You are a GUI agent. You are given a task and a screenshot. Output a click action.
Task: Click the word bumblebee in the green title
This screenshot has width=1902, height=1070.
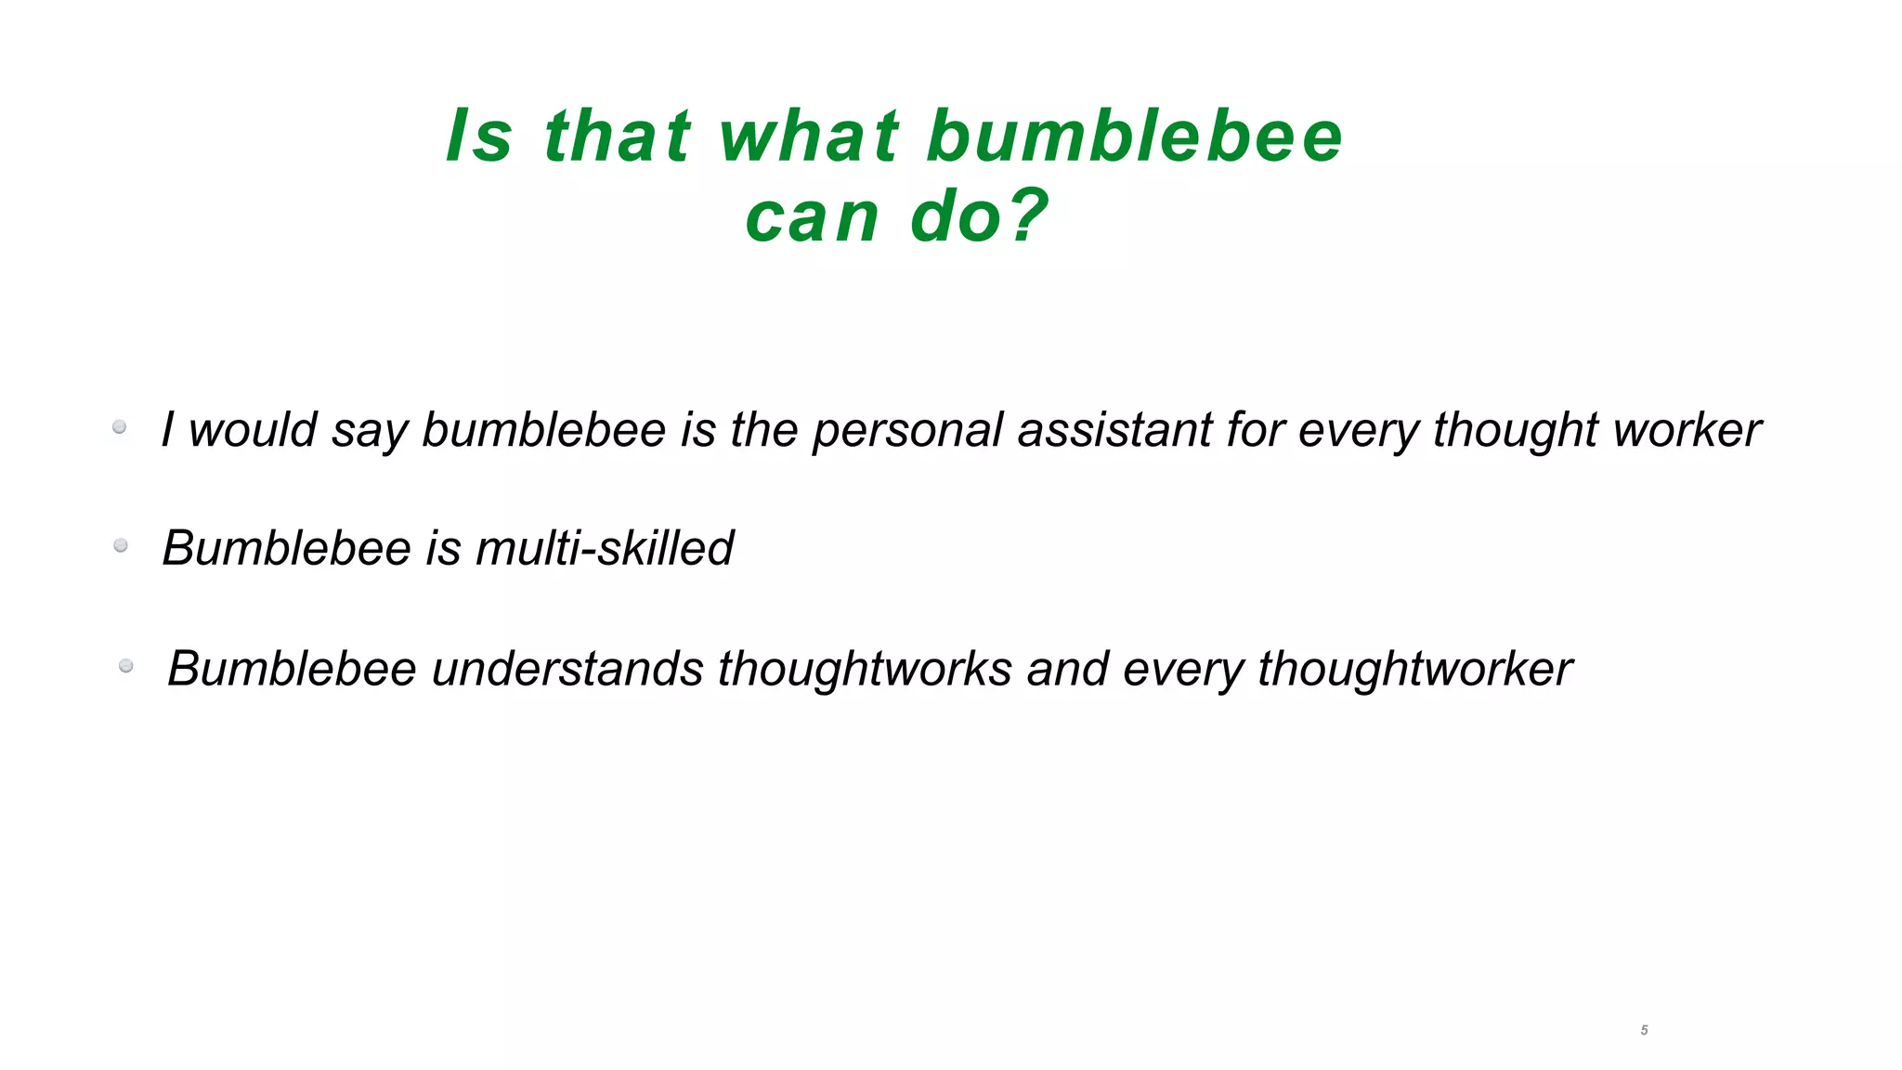tap(1135, 136)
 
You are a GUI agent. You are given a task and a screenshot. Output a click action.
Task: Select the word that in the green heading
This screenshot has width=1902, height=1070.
tap(618, 136)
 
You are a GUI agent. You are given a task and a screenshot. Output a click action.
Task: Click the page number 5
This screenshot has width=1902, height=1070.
tap(1644, 1030)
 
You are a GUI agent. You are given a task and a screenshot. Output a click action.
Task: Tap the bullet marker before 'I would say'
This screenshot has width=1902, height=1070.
tap(120, 427)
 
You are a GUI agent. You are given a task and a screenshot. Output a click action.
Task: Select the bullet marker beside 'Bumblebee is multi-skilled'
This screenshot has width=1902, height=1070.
tap(121, 545)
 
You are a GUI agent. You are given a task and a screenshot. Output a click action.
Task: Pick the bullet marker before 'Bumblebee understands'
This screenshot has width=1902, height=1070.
tap(126, 666)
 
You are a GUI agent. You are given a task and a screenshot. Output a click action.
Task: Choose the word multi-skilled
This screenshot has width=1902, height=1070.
tap(605, 547)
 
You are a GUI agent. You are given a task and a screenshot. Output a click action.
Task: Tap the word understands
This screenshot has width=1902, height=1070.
tap(567, 669)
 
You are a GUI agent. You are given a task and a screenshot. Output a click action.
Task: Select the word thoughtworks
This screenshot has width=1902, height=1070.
tap(864, 669)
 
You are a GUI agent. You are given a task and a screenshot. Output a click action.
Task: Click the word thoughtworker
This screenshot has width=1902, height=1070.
tap(1414, 669)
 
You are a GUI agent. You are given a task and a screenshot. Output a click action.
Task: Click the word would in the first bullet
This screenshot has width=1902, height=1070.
tap(253, 430)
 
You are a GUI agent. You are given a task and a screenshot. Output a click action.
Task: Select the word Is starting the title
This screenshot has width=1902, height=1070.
tap(479, 136)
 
